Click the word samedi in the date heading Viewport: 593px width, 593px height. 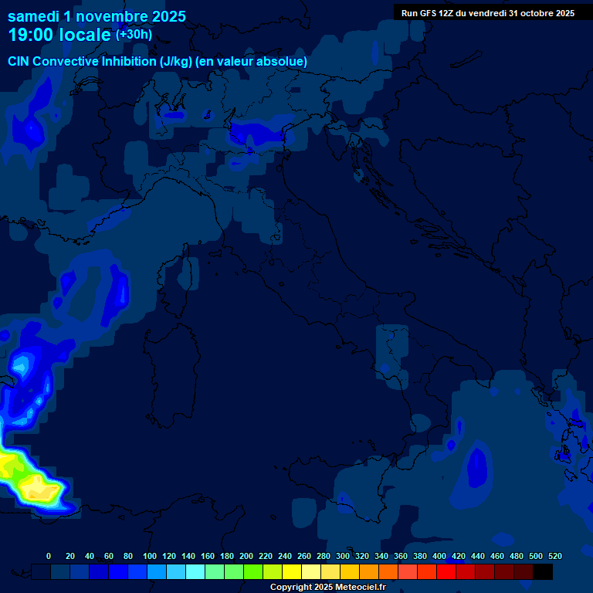coord(32,16)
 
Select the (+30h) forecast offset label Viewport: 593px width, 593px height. coord(134,34)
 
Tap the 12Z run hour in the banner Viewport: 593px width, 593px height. coord(447,13)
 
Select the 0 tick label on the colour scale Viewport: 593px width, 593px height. coord(49,556)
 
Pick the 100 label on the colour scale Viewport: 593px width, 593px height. coord(149,556)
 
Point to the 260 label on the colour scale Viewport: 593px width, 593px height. coord(303,556)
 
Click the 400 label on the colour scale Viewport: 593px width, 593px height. coord(439,556)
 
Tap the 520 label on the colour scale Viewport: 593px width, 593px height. coord(554,556)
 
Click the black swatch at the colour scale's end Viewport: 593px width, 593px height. coord(543,571)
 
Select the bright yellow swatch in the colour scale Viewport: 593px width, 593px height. coord(292,571)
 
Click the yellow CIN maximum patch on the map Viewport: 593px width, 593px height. coord(35,486)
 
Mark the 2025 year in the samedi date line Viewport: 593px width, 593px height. coord(169,16)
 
